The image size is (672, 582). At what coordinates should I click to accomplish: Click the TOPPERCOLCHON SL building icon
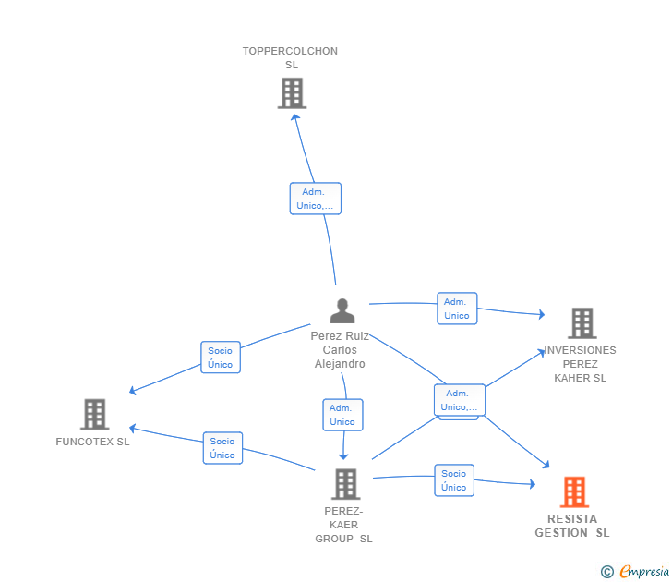pyautogui.click(x=292, y=93)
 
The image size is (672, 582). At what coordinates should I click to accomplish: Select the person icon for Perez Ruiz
pyautogui.click(x=342, y=311)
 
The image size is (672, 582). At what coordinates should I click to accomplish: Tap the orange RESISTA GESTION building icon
pyautogui.click(x=574, y=492)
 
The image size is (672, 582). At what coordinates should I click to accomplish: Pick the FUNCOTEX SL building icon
pyautogui.click(x=95, y=414)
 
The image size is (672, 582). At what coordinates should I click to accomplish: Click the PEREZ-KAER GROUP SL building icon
pyautogui.click(x=345, y=484)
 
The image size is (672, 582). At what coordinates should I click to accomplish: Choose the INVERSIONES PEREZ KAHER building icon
pyautogui.click(x=582, y=323)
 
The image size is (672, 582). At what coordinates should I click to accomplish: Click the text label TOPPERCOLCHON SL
pyautogui.click(x=290, y=58)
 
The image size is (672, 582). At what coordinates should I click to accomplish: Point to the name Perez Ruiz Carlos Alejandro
pyautogui.click(x=340, y=350)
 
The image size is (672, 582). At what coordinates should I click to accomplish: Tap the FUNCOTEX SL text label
pyautogui.click(x=92, y=442)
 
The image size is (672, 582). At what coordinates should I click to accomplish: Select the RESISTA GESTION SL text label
pyautogui.click(x=572, y=526)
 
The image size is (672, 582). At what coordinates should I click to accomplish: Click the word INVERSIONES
pyautogui.click(x=580, y=350)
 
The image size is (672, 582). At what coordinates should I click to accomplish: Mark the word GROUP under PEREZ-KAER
pyautogui.click(x=334, y=539)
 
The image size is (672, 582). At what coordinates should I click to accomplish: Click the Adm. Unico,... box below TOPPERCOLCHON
pyautogui.click(x=316, y=199)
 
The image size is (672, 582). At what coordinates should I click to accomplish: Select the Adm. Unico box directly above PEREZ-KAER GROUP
pyautogui.click(x=342, y=415)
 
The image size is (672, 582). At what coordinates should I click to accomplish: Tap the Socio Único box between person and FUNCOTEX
pyautogui.click(x=221, y=358)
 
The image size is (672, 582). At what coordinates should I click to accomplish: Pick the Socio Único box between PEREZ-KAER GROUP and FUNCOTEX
pyautogui.click(x=222, y=448)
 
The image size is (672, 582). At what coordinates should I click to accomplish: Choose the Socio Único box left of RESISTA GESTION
pyautogui.click(x=454, y=480)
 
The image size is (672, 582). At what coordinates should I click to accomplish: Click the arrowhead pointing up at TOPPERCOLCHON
pyautogui.click(x=295, y=117)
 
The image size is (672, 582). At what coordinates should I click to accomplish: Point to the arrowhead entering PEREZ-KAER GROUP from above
pyautogui.click(x=343, y=456)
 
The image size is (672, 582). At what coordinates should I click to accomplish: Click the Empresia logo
pyautogui.click(x=635, y=571)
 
